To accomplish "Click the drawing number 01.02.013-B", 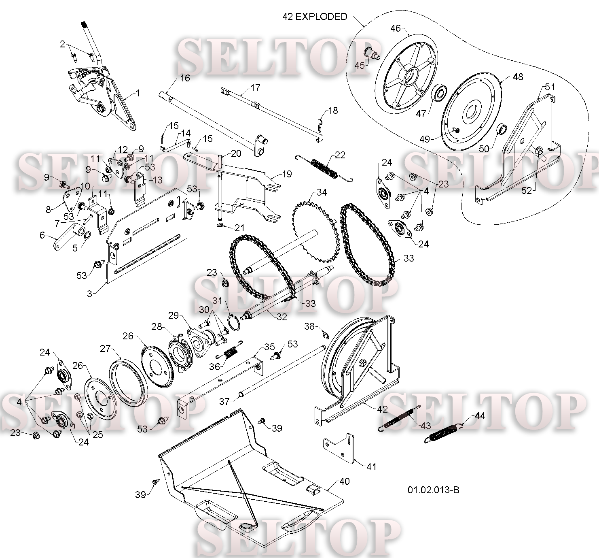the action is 434,490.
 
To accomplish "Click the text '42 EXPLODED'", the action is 315,16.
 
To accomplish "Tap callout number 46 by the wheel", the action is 396,28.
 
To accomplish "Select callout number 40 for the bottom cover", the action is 345,481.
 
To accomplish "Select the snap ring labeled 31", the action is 234,323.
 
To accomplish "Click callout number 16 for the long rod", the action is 185,78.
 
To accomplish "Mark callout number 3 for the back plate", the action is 89,294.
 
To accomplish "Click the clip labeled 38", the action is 325,335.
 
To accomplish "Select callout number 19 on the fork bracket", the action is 287,174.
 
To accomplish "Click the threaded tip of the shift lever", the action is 84,24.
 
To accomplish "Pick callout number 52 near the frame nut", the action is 527,190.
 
